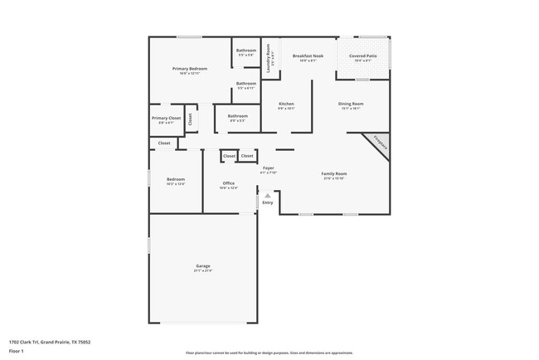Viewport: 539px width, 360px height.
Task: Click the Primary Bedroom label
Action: (x=189, y=68)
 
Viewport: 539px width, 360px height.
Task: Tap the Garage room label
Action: (x=203, y=266)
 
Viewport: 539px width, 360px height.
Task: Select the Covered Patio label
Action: (x=365, y=56)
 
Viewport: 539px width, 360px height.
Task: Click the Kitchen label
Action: (x=286, y=104)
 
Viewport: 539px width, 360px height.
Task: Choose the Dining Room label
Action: (x=351, y=104)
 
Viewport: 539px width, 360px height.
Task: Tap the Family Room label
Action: (x=333, y=173)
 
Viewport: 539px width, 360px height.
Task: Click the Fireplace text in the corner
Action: (x=379, y=142)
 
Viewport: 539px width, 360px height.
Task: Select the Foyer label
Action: (x=268, y=168)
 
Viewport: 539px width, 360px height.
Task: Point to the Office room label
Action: (x=229, y=183)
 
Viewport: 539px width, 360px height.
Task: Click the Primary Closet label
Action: (x=166, y=118)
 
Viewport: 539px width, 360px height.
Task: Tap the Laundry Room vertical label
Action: (x=269, y=58)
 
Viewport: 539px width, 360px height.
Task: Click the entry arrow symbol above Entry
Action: (x=268, y=196)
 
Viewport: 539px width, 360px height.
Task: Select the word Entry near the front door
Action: (x=268, y=202)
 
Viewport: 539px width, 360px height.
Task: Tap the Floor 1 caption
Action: (x=17, y=352)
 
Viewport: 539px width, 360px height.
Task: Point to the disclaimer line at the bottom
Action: (x=269, y=353)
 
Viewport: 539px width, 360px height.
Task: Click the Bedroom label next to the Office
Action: (x=175, y=179)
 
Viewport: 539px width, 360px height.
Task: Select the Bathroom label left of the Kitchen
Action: (x=238, y=115)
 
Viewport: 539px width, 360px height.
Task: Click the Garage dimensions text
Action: (x=203, y=271)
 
